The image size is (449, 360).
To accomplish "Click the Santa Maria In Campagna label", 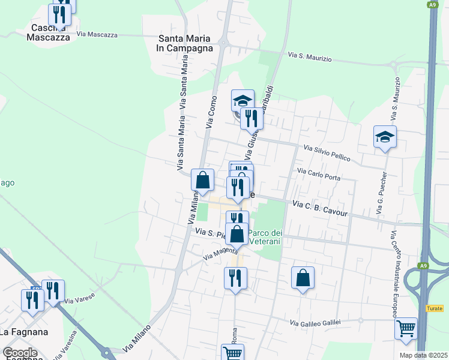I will coord(185,43).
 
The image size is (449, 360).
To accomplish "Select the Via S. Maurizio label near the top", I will coord(310,56).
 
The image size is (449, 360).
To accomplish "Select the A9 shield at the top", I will coord(432,5).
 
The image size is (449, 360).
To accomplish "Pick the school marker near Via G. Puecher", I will coord(384,137).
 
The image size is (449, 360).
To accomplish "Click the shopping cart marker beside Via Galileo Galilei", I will coord(406,329).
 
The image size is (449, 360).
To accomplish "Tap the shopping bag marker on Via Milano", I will coord(203,179).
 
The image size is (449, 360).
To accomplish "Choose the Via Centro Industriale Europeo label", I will coord(394,274).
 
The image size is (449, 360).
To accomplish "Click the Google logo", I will coord(20,353).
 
